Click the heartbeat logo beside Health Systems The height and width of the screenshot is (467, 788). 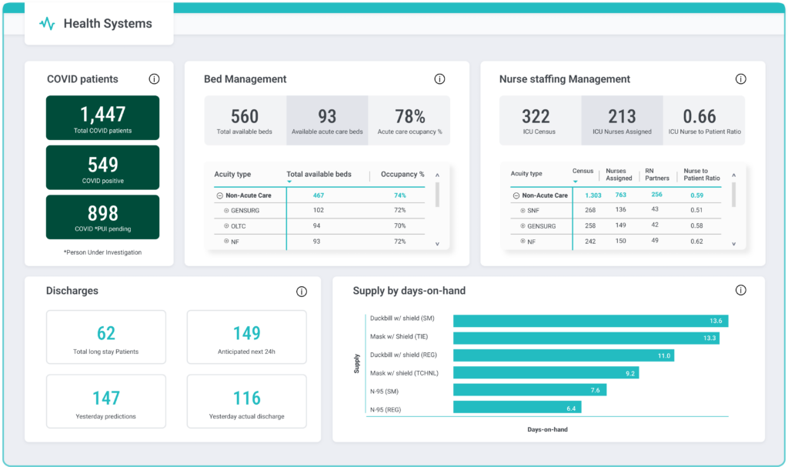(x=47, y=24)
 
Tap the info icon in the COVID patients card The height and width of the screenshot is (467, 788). (x=154, y=79)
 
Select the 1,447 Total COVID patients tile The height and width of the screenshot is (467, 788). (x=103, y=118)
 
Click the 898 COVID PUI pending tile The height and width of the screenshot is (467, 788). (x=103, y=217)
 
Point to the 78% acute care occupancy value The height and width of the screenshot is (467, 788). (x=409, y=117)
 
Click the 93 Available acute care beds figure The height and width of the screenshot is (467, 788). (x=327, y=117)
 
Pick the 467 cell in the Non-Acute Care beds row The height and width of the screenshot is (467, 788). (x=318, y=195)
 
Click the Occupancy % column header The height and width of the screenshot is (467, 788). (x=402, y=175)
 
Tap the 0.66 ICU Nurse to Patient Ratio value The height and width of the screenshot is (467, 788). (x=700, y=117)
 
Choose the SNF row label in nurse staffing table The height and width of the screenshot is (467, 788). (x=533, y=210)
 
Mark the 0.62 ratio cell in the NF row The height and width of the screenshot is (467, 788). (x=696, y=242)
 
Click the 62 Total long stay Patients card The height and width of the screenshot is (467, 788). (x=106, y=338)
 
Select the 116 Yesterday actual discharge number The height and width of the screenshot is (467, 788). (x=247, y=398)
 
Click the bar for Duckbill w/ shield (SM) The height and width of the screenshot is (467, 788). (x=590, y=321)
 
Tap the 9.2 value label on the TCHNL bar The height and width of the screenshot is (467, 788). (x=630, y=373)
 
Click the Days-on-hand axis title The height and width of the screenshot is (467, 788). (x=547, y=429)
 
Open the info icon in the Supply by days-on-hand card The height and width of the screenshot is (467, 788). (x=740, y=291)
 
